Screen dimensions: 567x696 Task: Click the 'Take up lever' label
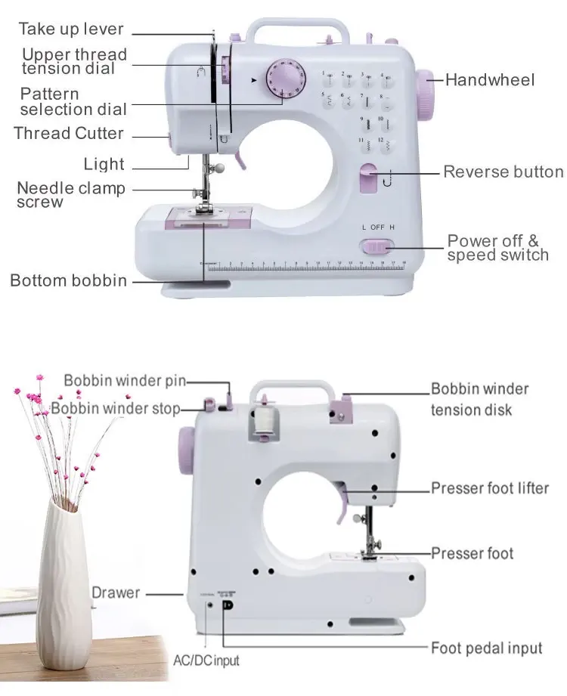71,29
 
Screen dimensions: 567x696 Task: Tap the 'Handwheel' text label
490,80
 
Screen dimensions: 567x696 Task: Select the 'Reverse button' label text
503,172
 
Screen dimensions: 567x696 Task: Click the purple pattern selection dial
286,79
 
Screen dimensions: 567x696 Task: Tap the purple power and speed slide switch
377,247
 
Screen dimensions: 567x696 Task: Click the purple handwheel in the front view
425,94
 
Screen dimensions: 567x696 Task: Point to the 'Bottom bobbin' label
68,280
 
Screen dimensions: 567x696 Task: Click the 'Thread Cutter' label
68,133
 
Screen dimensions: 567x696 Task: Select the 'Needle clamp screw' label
71,194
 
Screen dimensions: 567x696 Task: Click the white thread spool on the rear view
265,421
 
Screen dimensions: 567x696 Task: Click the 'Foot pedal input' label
487,648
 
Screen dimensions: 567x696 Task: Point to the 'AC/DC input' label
206,660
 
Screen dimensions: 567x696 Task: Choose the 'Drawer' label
116,592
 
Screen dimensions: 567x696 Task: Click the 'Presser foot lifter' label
490,488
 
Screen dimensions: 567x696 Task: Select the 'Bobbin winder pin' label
125,381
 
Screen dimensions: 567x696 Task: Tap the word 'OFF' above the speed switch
377,227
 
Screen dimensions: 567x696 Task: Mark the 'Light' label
104,164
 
